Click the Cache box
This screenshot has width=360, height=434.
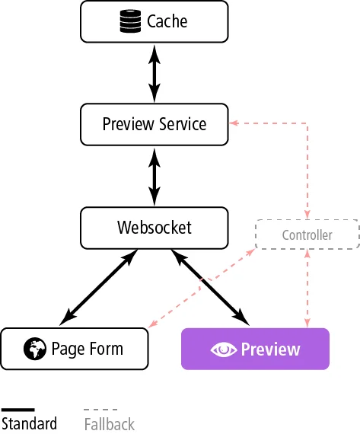click(154, 21)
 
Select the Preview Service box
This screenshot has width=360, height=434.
click(154, 123)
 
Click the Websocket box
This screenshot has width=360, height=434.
click(154, 227)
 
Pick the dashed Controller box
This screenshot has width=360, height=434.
click(307, 235)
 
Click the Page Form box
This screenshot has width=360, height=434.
click(75, 349)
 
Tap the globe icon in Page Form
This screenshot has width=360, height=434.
click(34, 349)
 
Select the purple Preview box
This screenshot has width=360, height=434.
click(255, 349)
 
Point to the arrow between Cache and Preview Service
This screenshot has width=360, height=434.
click(155, 72)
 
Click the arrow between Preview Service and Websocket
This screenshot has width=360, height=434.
click(155, 175)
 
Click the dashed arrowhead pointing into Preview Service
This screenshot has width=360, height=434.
click(235, 123)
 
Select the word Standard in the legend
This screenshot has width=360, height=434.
click(29, 423)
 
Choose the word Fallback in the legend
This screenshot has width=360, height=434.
click(109, 423)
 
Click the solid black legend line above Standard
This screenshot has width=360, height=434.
click(18, 410)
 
